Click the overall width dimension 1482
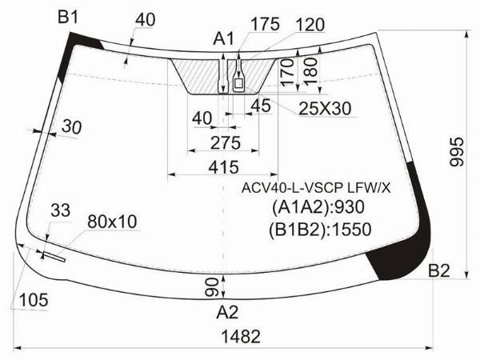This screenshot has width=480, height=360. coord(241,337)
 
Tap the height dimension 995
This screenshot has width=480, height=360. coord(457,152)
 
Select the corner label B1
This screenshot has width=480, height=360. coord(68,17)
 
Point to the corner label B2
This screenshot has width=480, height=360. coord(439,270)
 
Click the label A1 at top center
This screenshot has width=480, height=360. coord(224,39)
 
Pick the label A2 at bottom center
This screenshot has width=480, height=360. coord(227,313)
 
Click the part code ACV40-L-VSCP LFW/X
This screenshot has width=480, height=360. coord(316,188)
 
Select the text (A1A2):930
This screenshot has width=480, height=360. coord(318,207)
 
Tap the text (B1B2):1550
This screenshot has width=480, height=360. coord(320,230)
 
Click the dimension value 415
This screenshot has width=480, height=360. coord(223,167)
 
